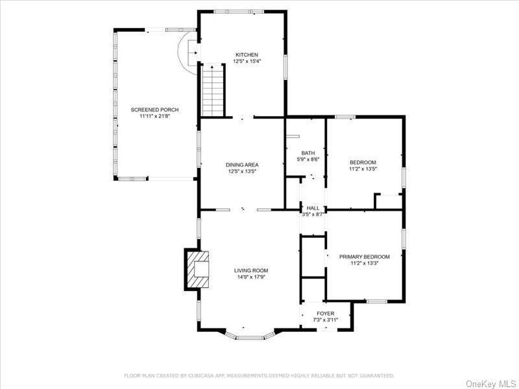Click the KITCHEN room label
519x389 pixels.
click(246, 54)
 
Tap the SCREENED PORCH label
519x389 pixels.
click(154, 110)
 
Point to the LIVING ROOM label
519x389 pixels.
click(250, 270)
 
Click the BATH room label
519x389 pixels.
click(308, 153)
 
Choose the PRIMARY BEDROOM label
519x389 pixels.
click(364, 257)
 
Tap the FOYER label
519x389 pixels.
click(325, 313)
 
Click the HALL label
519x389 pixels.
click(313, 208)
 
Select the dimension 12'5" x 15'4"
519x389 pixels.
click(246, 62)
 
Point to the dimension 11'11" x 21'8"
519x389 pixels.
click(154, 117)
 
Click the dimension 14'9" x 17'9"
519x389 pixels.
click(250, 277)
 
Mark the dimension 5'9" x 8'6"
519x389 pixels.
click(308, 159)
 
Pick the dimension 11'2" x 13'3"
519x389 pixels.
click(364, 264)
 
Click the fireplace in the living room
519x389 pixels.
click(197, 269)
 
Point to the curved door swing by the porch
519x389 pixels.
click(184, 51)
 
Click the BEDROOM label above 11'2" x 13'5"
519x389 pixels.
click(363, 162)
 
